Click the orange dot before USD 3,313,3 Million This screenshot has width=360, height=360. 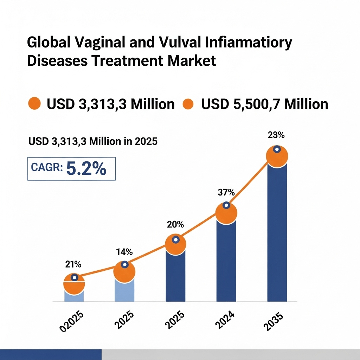tap(34, 104)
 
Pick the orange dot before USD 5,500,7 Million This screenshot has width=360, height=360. tap(188, 104)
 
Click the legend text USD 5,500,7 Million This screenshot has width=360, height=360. tap(264, 104)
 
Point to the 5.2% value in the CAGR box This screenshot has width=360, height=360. tap(86, 169)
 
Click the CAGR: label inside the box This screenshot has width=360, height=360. tap(47, 168)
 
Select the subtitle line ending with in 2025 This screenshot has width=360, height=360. tap(93, 142)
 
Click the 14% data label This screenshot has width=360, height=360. tap(124, 252)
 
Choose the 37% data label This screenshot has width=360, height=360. tap(226, 192)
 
